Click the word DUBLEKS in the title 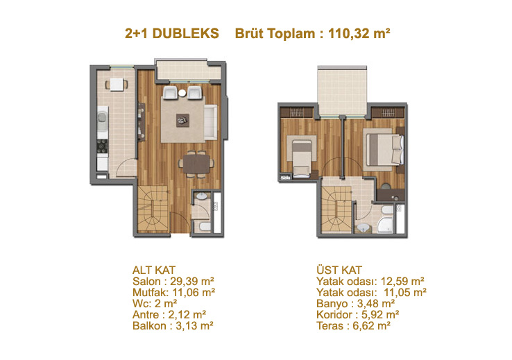[x=185, y=33]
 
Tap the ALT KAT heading [x=154, y=271]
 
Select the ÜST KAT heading [x=339, y=270]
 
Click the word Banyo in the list [x=332, y=304]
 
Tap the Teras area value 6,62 [x=363, y=326]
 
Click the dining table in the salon [x=196, y=164]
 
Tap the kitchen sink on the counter [x=102, y=117]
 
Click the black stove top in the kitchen [x=102, y=146]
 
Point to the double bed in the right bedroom [x=384, y=150]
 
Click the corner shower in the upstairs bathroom [x=386, y=225]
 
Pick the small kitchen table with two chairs [x=117, y=84]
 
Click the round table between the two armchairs [x=182, y=93]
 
